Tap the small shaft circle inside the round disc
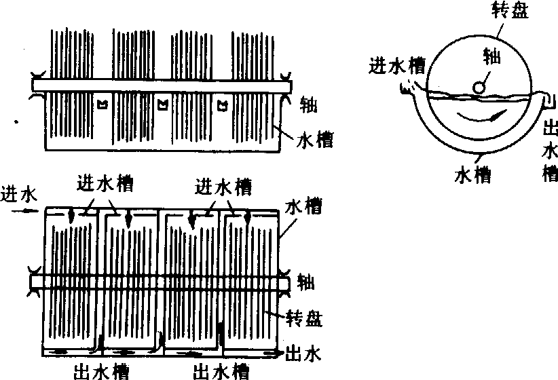[480, 88]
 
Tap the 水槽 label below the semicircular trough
[472, 174]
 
